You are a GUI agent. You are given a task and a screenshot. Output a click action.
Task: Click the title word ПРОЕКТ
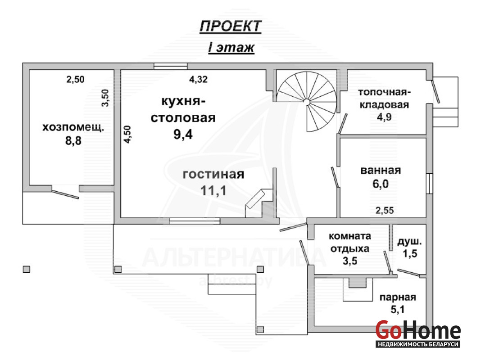click(231, 27)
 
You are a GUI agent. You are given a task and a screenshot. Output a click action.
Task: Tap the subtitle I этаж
click(231, 48)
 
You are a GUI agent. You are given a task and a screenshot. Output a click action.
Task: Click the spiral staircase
click(307, 101)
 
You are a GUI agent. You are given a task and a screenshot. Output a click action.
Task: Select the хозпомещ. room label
click(73, 127)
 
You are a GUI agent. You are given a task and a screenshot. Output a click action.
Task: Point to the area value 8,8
click(73, 141)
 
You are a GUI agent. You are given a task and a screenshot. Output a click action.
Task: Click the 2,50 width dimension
click(75, 79)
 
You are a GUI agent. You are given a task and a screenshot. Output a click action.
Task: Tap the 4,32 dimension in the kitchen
click(198, 79)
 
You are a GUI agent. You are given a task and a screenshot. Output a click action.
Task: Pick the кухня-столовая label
click(183, 109)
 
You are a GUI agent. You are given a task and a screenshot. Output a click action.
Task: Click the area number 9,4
click(183, 134)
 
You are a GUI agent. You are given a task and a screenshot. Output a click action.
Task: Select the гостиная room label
click(213, 174)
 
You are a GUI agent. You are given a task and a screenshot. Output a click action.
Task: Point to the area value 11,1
click(213, 190)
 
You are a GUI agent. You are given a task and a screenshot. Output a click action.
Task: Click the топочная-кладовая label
click(384, 99)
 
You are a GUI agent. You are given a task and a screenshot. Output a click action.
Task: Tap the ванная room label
click(381, 171)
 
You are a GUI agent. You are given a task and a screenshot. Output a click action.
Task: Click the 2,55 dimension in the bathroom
click(384, 211)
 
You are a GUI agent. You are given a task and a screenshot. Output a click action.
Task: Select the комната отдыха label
click(350, 243)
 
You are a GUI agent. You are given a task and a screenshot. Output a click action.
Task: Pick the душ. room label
click(409, 242)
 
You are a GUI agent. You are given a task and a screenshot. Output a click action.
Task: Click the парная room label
click(398, 297)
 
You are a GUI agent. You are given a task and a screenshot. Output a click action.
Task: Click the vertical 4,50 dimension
click(127, 134)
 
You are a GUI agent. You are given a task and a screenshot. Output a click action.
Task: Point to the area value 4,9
click(384, 117)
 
